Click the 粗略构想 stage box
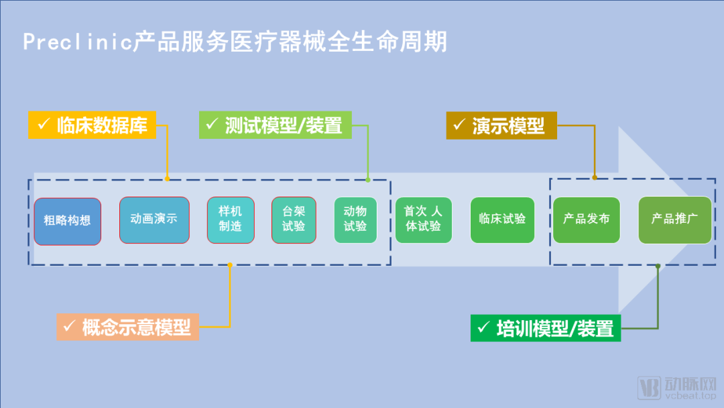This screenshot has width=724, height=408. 67,221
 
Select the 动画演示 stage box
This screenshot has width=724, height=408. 154,220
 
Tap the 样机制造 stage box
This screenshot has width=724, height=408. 231,220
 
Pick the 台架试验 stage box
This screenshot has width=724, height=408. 294,220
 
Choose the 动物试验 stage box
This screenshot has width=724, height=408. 355,220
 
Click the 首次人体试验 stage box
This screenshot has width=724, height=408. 424,220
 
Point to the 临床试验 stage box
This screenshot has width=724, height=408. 502,220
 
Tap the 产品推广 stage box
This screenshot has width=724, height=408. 674,220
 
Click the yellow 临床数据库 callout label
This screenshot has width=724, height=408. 92,125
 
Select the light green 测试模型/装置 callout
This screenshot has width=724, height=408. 275,125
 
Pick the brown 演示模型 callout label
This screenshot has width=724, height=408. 501,125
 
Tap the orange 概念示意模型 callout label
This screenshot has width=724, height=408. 127,327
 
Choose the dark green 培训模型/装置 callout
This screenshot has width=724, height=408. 545,328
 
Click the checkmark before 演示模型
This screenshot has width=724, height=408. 459,125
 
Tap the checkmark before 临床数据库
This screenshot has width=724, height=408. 43,125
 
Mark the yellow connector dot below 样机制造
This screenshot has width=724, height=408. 230,264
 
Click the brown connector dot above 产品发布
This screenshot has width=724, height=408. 595,178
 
